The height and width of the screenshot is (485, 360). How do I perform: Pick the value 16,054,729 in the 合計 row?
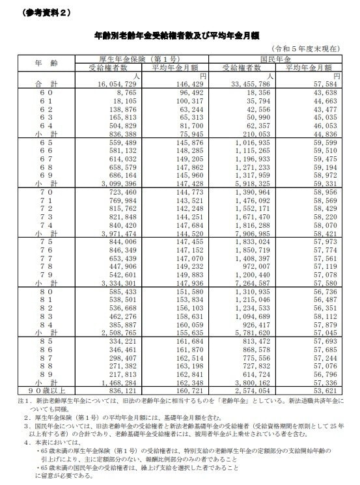pos(116,84)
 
